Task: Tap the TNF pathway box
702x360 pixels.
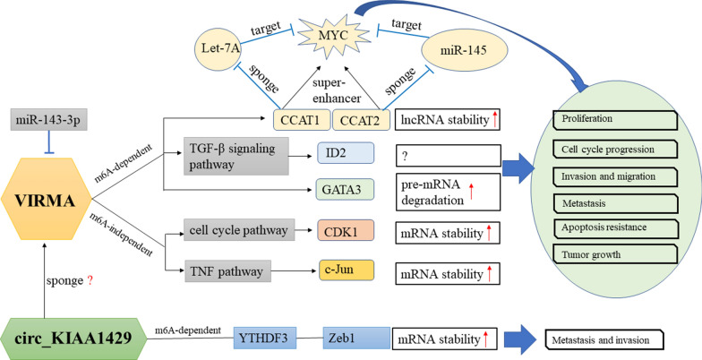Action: coord(227,269)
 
